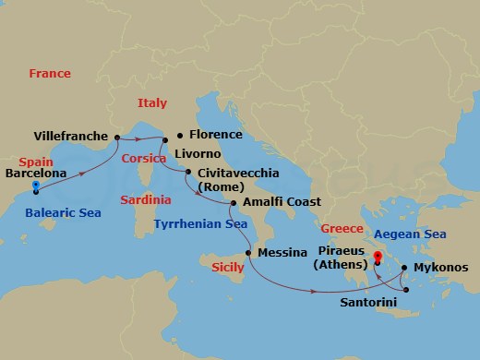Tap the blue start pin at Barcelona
point(35,186)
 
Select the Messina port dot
point(247,251)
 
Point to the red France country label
point(50,73)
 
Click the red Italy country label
point(152,103)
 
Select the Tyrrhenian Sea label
point(200,223)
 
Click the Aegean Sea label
point(412,234)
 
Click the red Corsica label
point(142,158)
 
